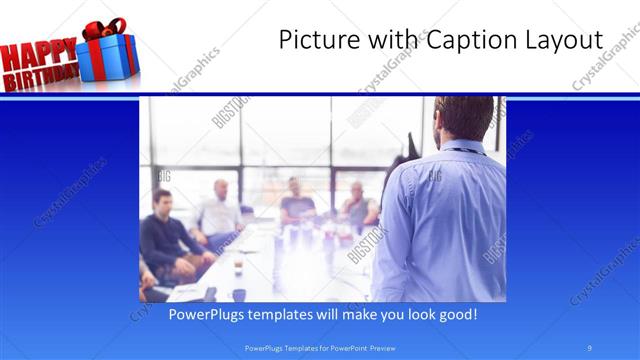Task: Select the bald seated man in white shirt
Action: point(220,210)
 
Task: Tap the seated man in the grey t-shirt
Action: point(297,203)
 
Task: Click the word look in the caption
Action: point(414,314)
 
